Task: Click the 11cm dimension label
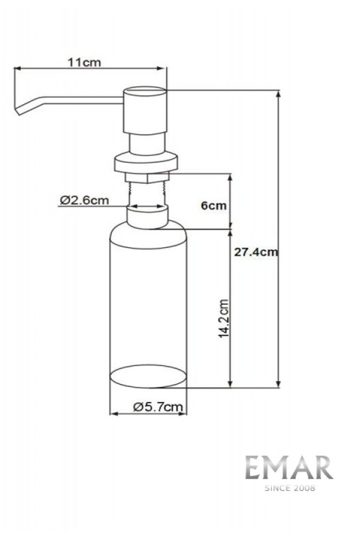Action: point(84,62)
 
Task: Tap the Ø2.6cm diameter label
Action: point(84,200)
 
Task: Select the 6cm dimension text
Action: point(214,206)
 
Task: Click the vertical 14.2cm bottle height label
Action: point(224,318)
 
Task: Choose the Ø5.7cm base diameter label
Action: point(158,407)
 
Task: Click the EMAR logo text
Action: point(289,467)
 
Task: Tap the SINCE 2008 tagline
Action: point(290,488)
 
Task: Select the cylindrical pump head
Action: point(145,110)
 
